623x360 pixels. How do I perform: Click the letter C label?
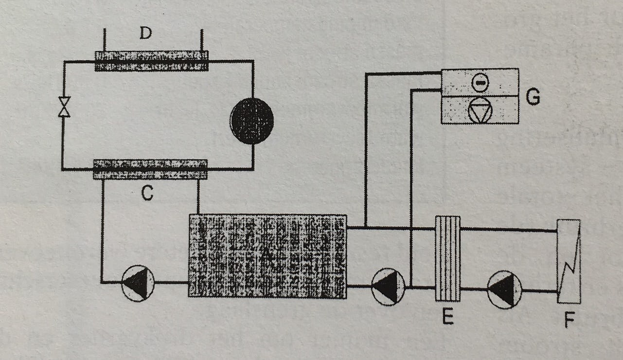click(x=147, y=194)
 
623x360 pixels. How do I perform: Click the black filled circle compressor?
click(x=251, y=121)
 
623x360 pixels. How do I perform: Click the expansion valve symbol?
click(x=64, y=107)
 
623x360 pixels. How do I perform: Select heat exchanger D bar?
click(x=151, y=61)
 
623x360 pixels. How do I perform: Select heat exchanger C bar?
click(x=150, y=169)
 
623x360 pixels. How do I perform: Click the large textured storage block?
click(x=267, y=256)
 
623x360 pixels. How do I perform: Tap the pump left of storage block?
click(x=138, y=283)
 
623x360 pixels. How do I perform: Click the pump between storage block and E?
click(x=388, y=287)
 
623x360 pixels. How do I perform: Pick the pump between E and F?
click(x=504, y=290)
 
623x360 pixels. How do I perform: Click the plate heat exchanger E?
click(x=447, y=258)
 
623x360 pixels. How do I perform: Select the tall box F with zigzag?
click(x=569, y=262)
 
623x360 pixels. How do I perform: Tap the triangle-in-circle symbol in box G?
click(x=480, y=111)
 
